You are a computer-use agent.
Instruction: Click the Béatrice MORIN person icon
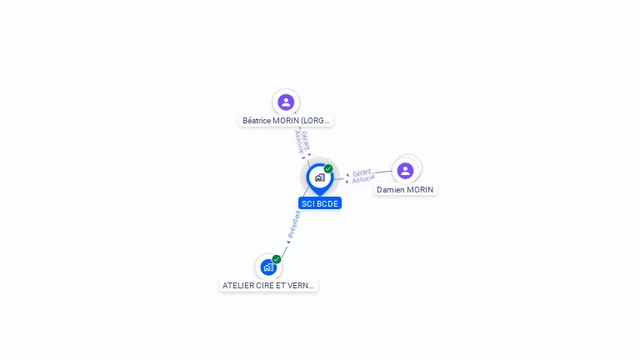(286, 102)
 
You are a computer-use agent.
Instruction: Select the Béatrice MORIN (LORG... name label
(286, 121)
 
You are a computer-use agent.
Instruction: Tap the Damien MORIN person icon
(405, 171)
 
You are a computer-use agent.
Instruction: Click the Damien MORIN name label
(405, 190)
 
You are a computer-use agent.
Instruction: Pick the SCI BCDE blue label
(320, 203)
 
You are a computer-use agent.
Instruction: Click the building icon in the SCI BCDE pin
(319, 177)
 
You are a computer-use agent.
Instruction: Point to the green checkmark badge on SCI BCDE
(328, 169)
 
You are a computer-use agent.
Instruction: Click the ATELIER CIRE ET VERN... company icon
(267, 267)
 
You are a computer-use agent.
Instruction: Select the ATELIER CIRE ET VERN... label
(268, 285)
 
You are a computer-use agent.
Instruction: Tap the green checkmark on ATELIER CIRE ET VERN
(277, 259)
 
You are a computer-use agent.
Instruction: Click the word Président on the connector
(294, 224)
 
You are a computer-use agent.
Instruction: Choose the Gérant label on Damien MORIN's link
(362, 172)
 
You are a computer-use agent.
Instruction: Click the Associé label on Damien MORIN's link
(363, 179)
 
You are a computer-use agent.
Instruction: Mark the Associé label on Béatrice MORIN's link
(298, 142)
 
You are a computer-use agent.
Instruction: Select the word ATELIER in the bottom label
(237, 285)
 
